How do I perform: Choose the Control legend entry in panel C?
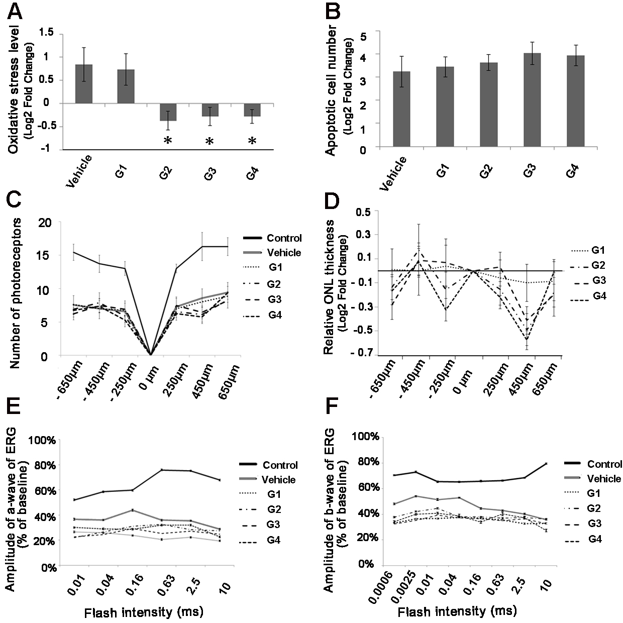pyautogui.click(x=284, y=238)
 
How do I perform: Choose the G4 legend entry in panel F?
pyautogui.click(x=595, y=540)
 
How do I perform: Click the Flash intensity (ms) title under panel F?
pyautogui.click(x=457, y=612)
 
